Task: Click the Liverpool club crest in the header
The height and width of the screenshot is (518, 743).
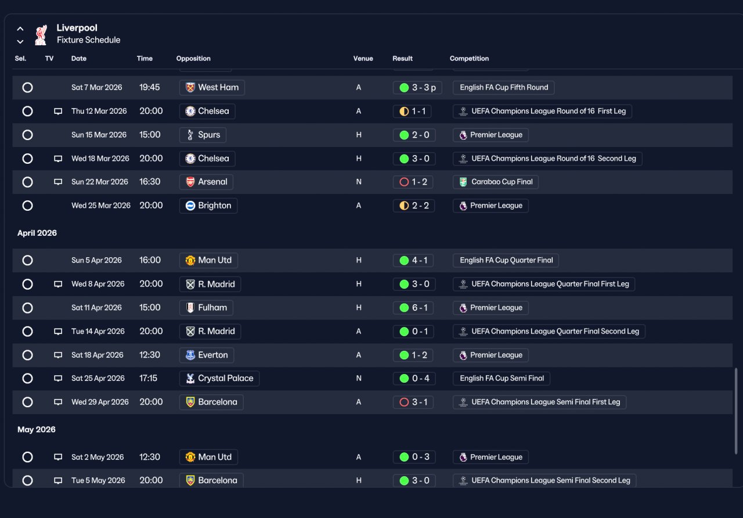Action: pyautogui.click(x=41, y=35)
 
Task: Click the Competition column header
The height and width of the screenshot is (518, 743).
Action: pyautogui.click(x=469, y=59)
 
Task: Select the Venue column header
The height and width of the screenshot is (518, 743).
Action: pyautogui.click(x=363, y=59)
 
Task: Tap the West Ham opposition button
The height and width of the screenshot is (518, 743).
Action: pyautogui.click(x=212, y=88)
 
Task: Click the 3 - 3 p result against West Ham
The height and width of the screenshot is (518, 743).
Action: pyautogui.click(x=417, y=88)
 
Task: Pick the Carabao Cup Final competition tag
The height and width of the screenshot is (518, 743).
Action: pyautogui.click(x=496, y=182)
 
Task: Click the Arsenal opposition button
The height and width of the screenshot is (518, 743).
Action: pyautogui.click(x=206, y=182)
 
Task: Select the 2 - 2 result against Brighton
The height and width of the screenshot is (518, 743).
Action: pyautogui.click(x=414, y=206)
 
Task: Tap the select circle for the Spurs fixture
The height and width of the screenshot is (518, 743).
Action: pyautogui.click(x=27, y=135)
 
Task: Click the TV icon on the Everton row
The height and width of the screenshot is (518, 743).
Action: pyautogui.click(x=58, y=355)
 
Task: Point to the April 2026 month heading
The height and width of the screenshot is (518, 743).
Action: pyautogui.click(x=37, y=233)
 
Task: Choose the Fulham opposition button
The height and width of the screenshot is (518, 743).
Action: pyautogui.click(x=206, y=308)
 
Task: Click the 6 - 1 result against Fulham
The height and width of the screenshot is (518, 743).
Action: pyautogui.click(x=413, y=308)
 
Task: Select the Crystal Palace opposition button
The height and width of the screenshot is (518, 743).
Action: pyautogui.click(x=219, y=379)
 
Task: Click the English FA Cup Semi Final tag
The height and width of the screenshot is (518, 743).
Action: pyautogui.click(x=501, y=379)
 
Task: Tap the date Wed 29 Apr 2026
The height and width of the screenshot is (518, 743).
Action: pyautogui.click(x=100, y=402)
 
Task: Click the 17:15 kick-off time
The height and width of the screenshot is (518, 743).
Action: pyautogui.click(x=148, y=379)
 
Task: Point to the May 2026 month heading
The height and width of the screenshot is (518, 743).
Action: pyautogui.click(x=37, y=430)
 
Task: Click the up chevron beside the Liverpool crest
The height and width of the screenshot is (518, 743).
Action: pyautogui.click(x=20, y=29)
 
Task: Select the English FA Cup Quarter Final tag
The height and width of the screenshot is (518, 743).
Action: pyautogui.click(x=506, y=261)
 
